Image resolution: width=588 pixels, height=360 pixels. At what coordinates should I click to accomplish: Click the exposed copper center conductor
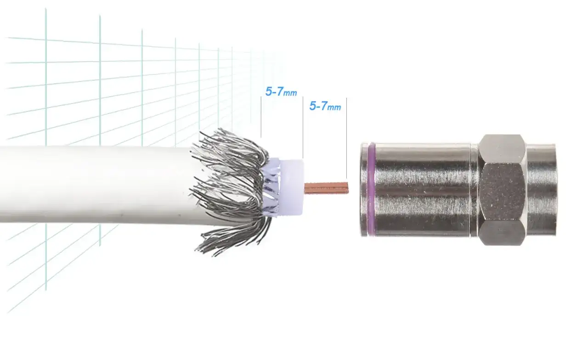pos(326,188)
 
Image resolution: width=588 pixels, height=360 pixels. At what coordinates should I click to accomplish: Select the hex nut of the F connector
pos(502,190)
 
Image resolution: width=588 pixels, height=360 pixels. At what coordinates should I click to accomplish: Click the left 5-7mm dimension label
pos(281,91)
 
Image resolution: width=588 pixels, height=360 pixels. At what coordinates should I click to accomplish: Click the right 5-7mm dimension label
pos(325,106)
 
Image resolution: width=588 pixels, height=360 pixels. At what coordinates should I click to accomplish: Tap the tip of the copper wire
pos(348,188)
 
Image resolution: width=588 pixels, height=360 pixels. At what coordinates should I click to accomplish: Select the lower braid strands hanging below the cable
pos(231,231)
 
